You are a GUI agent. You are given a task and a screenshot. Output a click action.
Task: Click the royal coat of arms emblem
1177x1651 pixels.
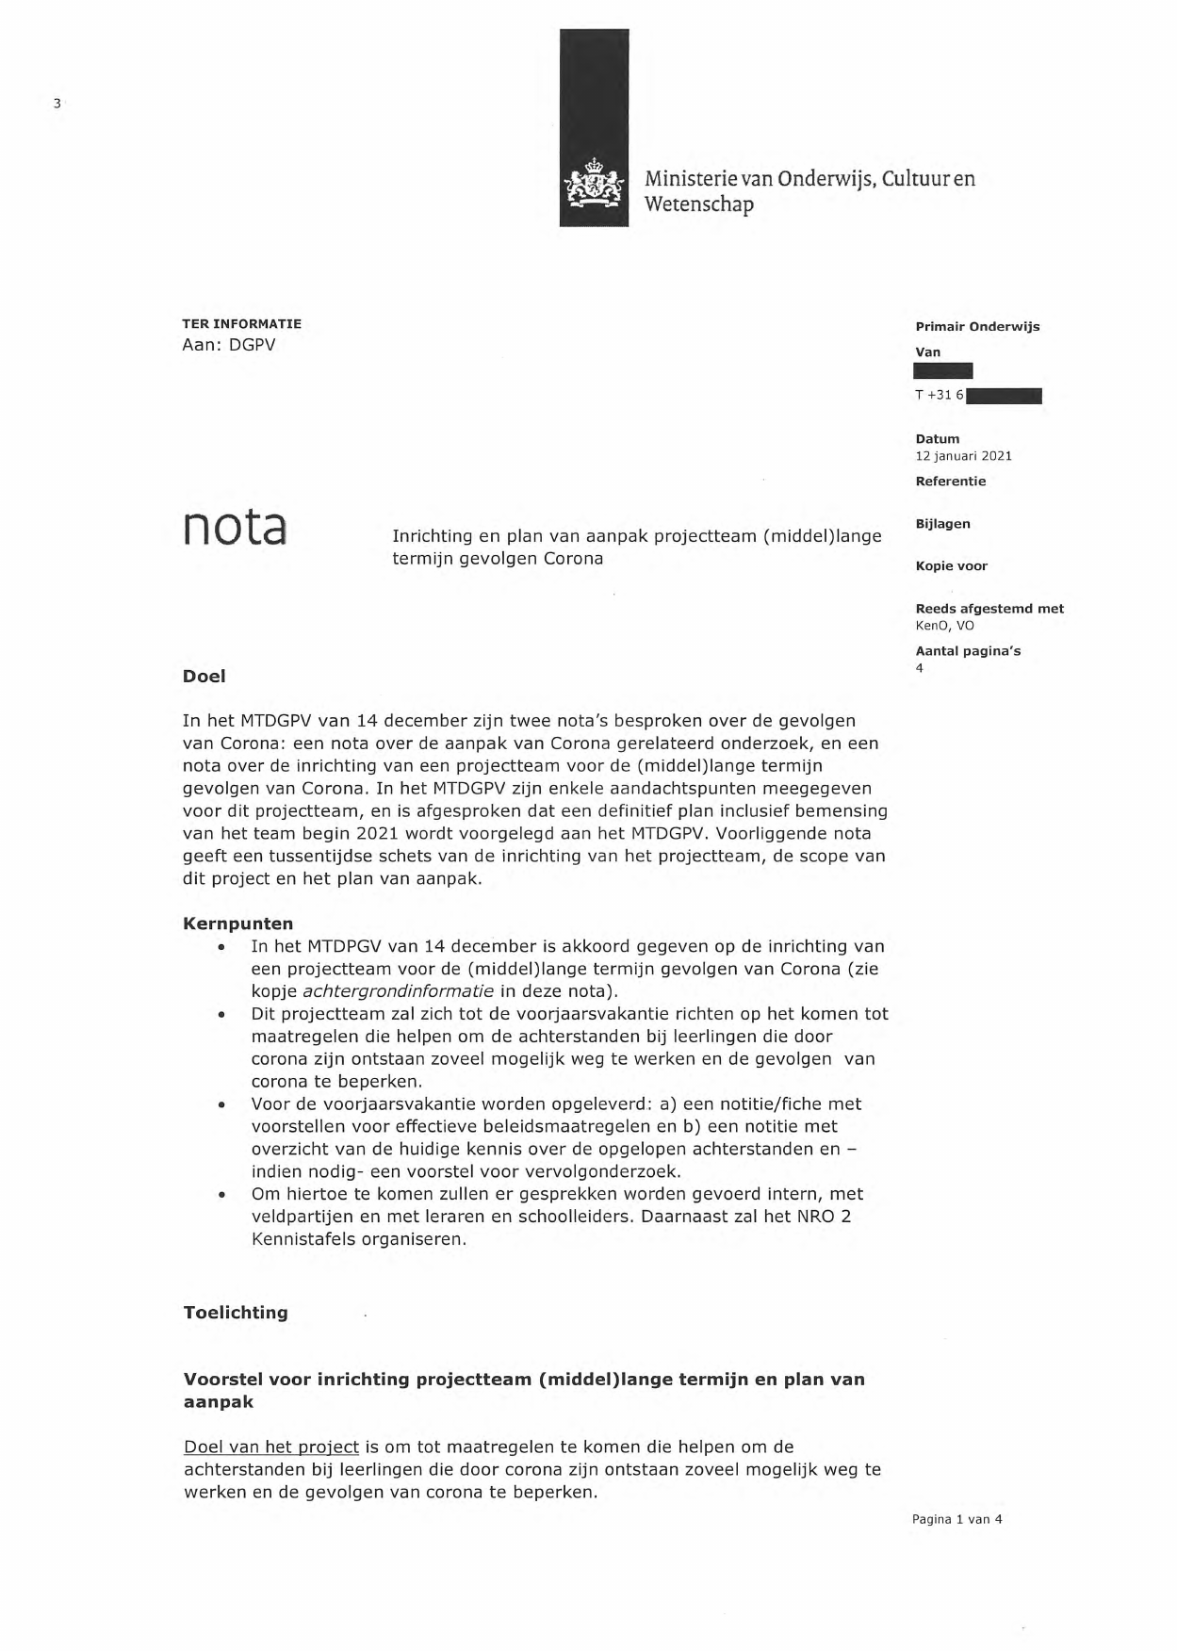[x=594, y=184]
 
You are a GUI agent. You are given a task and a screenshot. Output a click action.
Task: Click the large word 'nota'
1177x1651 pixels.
[x=235, y=528]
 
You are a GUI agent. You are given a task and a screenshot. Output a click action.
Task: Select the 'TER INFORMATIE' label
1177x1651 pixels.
[x=241, y=323]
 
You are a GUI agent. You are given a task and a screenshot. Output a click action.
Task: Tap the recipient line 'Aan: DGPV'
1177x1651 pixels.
[x=228, y=345]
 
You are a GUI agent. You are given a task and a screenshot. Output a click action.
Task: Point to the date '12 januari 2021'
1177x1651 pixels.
[x=963, y=456]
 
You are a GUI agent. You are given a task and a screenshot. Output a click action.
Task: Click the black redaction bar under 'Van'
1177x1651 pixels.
[x=943, y=371]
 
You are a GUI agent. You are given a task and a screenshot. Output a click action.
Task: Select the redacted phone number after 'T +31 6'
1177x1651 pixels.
[x=1004, y=396]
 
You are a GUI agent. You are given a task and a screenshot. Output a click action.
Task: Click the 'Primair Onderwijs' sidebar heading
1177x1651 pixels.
[x=977, y=327]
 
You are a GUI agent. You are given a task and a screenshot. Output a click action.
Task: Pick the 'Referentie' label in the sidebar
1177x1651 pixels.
[x=950, y=482]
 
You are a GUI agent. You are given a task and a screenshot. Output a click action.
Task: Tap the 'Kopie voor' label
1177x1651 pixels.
[x=951, y=566]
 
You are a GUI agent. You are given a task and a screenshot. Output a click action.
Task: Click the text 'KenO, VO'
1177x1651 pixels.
[x=944, y=626]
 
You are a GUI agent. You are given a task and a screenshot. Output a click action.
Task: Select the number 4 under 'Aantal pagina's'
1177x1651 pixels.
[x=920, y=669]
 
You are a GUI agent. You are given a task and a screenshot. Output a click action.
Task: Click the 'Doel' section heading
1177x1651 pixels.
[x=204, y=677]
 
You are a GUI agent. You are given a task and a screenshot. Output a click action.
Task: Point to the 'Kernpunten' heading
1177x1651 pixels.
[x=237, y=924]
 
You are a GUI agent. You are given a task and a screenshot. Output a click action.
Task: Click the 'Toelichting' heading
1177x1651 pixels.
[x=236, y=1313]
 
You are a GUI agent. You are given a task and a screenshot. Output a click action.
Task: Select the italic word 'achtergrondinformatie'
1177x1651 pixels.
[x=398, y=991]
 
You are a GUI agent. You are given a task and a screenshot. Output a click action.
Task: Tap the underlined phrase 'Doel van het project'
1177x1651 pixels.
[x=271, y=1447]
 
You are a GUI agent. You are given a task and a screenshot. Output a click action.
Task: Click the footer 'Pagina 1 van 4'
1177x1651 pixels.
[x=956, y=1519]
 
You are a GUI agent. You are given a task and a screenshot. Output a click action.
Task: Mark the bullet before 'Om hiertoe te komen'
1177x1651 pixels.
[x=221, y=1195]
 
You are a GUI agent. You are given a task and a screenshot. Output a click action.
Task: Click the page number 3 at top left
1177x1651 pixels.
[x=57, y=104]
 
